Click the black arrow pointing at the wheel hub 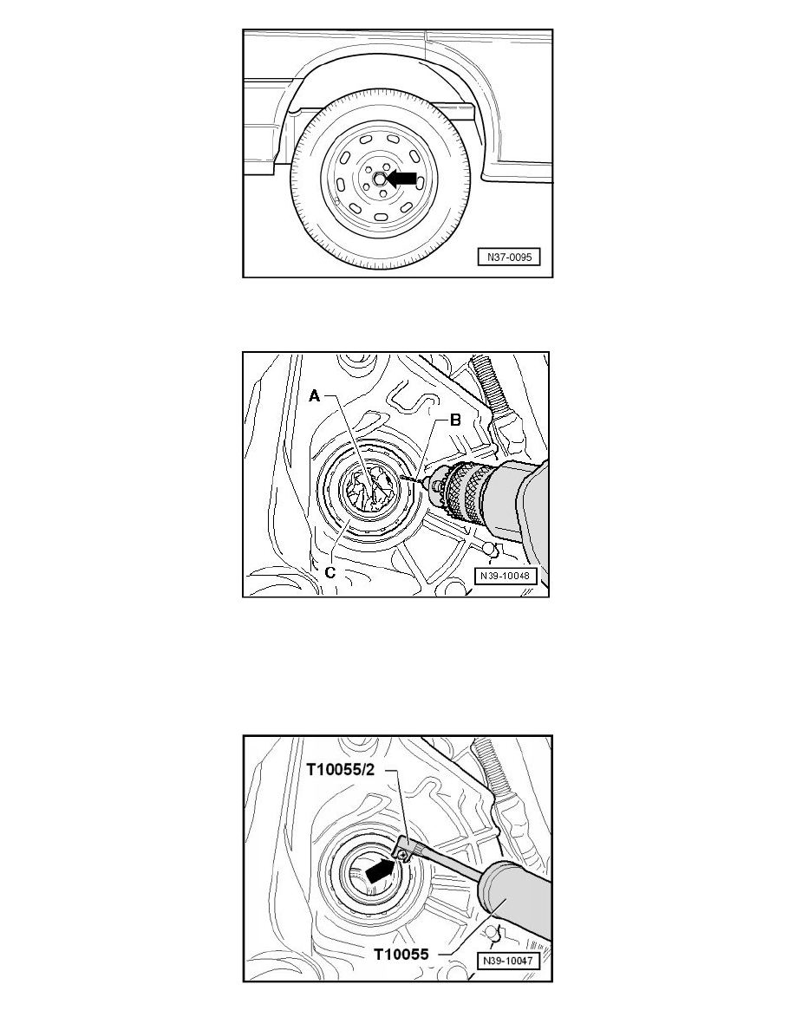[401, 178]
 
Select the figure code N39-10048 [505, 576]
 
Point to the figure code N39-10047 [508, 961]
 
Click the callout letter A [315, 395]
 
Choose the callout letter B [454, 420]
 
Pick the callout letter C [329, 571]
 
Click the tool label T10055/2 [341, 769]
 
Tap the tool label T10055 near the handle [401, 954]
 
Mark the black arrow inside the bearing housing [381, 870]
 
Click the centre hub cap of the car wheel [379, 179]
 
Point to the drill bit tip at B [401, 478]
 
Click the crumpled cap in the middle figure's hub [369, 488]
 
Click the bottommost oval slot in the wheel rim [380, 218]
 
